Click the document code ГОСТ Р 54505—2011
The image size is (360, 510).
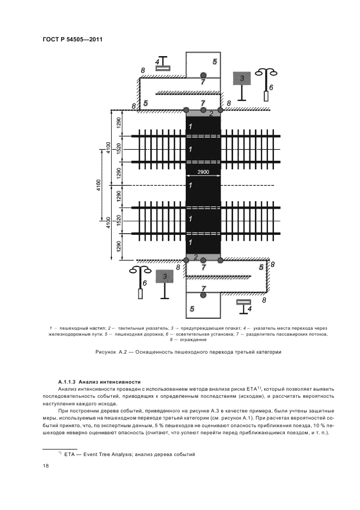72,40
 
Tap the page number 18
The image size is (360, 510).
46,466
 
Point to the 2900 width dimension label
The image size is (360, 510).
203,172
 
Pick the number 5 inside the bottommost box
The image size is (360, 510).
192,309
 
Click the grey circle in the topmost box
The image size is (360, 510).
203,75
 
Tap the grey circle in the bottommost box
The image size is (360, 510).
203,295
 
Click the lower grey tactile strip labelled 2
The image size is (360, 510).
203,257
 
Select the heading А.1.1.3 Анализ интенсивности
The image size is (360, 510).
99,381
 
